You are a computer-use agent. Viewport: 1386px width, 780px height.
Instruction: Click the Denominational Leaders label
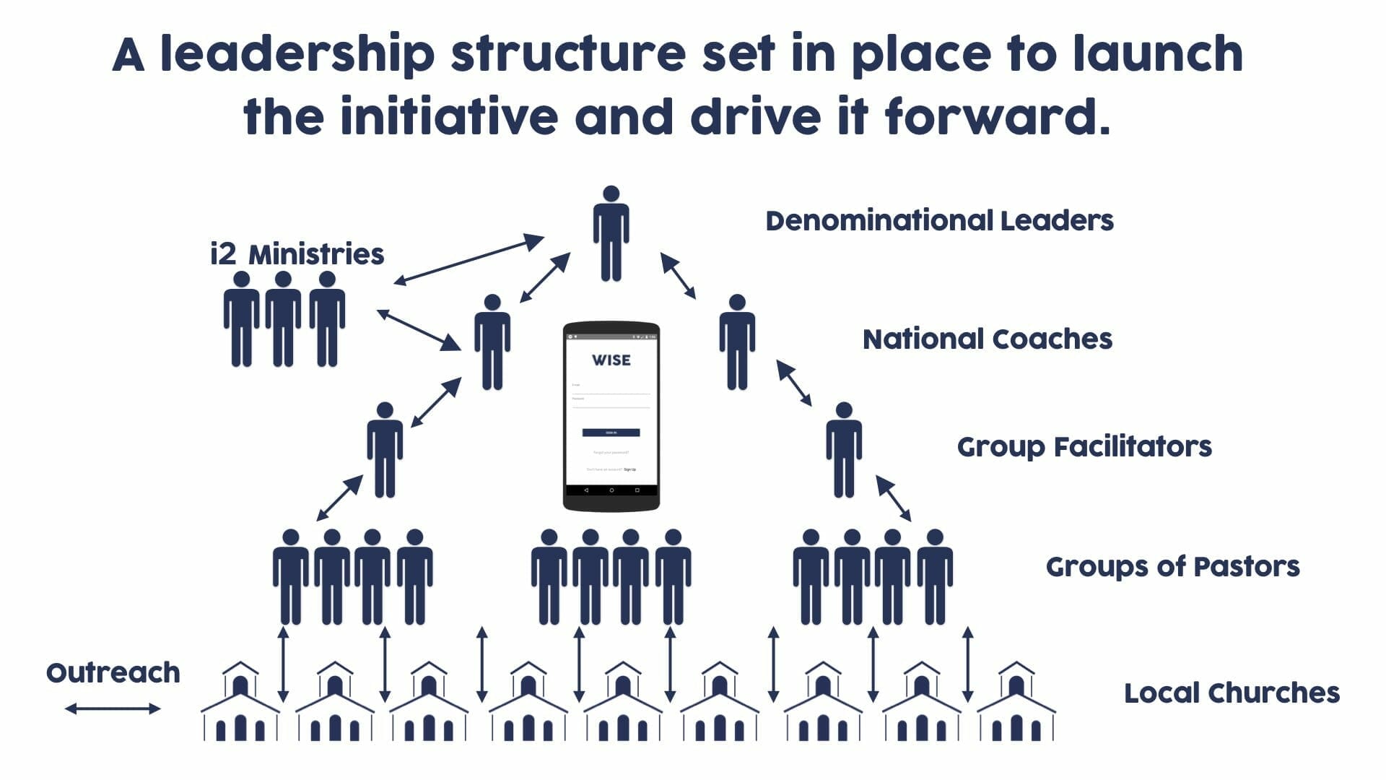[x=939, y=221]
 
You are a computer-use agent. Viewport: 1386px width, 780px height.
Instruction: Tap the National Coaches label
[x=987, y=339]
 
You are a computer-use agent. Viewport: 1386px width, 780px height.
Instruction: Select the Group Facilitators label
[x=1084, y=447]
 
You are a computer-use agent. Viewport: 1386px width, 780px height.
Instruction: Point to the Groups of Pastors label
[x=1172, y=567]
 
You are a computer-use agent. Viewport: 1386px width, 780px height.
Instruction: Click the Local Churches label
[x=1232, y=693]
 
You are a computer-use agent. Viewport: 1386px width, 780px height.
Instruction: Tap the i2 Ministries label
[x=297, y=254]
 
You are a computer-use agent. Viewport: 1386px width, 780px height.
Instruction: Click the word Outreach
[x=113, y=673]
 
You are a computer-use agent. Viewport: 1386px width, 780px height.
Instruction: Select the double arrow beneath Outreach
[x=113, y=708]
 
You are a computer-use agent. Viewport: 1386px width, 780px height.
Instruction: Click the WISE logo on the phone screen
[x=611, y=360]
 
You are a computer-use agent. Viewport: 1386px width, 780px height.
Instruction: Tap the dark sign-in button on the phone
[x=611, y=433]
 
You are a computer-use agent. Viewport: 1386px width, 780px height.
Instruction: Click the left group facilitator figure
[x=385, y=450]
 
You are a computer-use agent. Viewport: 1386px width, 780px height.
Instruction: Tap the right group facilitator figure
[x=843, y=450]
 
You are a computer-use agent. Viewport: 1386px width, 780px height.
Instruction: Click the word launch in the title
[x=1157, y=54]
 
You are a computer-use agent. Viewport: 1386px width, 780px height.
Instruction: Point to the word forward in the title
[x=996, y=116]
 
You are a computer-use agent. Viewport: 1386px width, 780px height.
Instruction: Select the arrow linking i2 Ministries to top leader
[x=468, y=260]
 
